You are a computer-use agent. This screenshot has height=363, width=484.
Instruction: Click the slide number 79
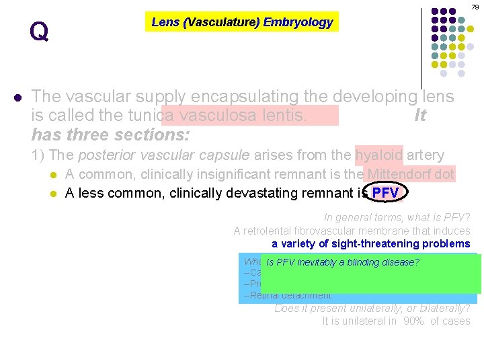click(475, 7)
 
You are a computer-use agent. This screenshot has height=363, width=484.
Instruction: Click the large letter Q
click(39, 32)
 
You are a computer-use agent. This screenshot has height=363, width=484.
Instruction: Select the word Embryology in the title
click(298, 22)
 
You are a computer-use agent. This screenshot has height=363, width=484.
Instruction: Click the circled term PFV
click(385, 194)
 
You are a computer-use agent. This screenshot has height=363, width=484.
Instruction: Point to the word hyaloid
click(379, 155)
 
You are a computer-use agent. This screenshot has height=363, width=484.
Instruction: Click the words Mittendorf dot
click(409, 175)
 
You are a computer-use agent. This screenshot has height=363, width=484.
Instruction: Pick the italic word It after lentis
click(420, 116)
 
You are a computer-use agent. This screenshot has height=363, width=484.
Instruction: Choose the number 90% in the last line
click(415, 321)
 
